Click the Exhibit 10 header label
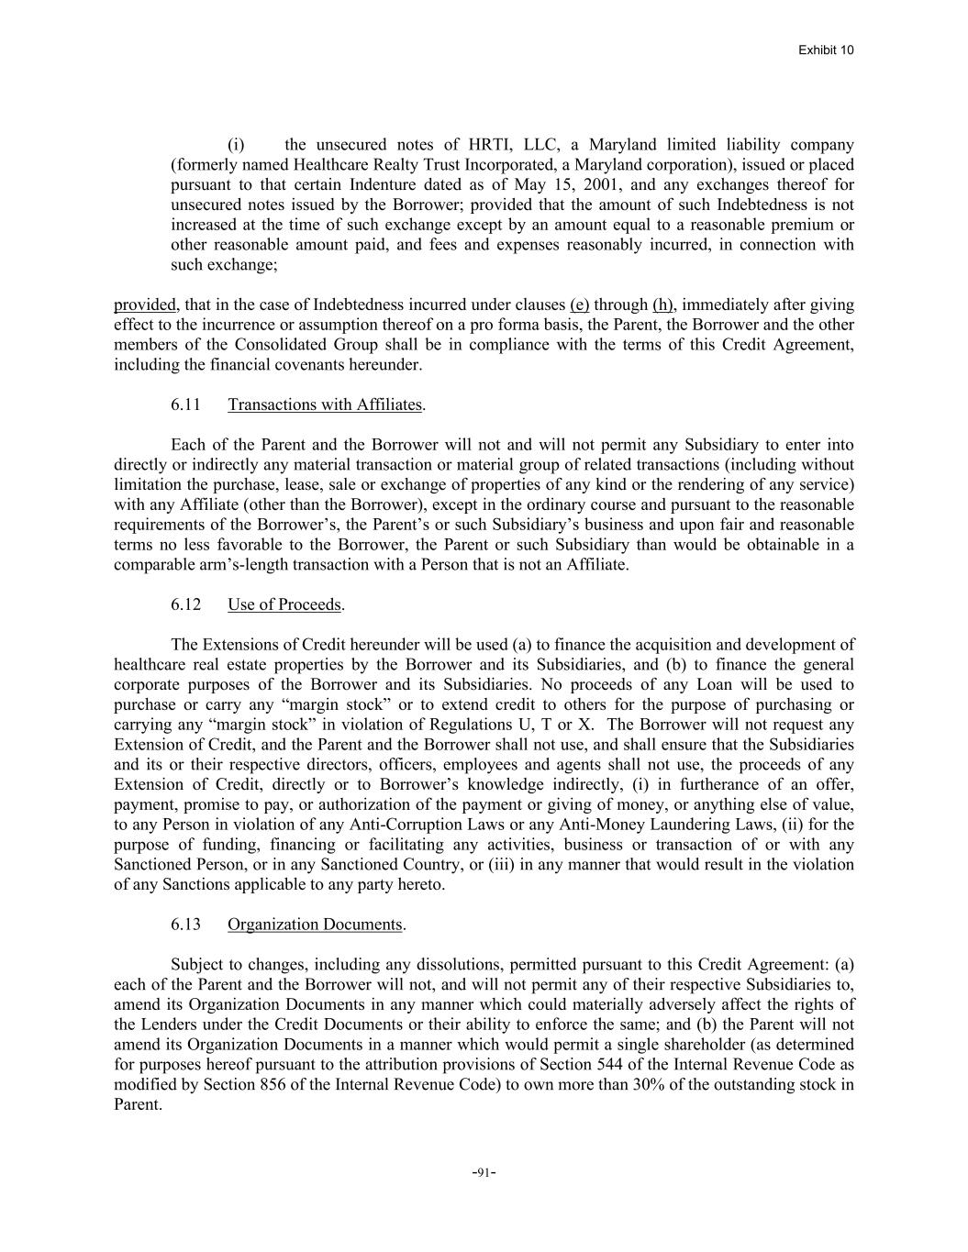pos(826,50)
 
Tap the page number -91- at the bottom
pos(484,1172)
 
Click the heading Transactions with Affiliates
pos(325,404)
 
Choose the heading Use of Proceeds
pos(284,604)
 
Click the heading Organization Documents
pos(315,924)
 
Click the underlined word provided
pos(144,305)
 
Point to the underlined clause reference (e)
pos(579,305)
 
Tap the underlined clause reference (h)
pos(662,305)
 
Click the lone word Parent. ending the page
pos(138,1104)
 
